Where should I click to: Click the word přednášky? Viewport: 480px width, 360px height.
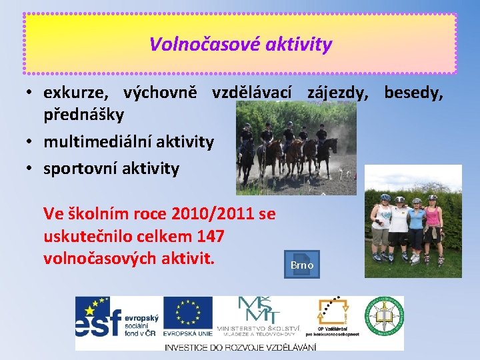(x=83, y=115)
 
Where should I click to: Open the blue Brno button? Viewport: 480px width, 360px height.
(x=301, y=265)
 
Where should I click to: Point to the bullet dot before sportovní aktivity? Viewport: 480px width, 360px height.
(x=31, y=169)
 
